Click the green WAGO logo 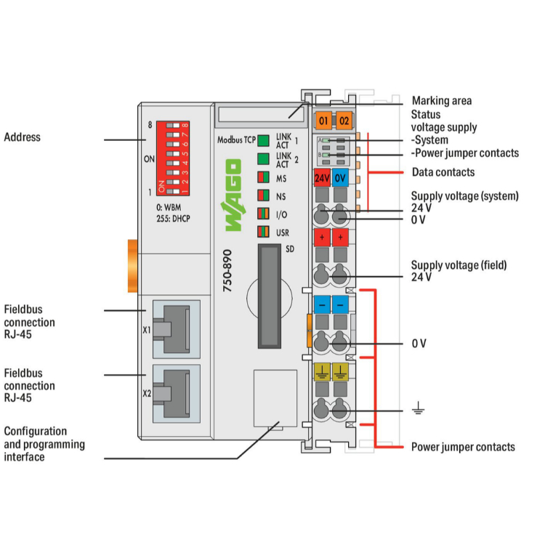coord(233,198)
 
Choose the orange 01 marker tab coord(323,120)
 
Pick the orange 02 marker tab coord(344,120)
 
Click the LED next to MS coord(262,177)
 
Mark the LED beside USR coord(262,233)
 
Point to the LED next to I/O coord(262,214)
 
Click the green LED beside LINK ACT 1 coord(262,140)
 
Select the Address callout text coord(23,137)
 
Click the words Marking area coord(441,101)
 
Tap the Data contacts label coord(443,172)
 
